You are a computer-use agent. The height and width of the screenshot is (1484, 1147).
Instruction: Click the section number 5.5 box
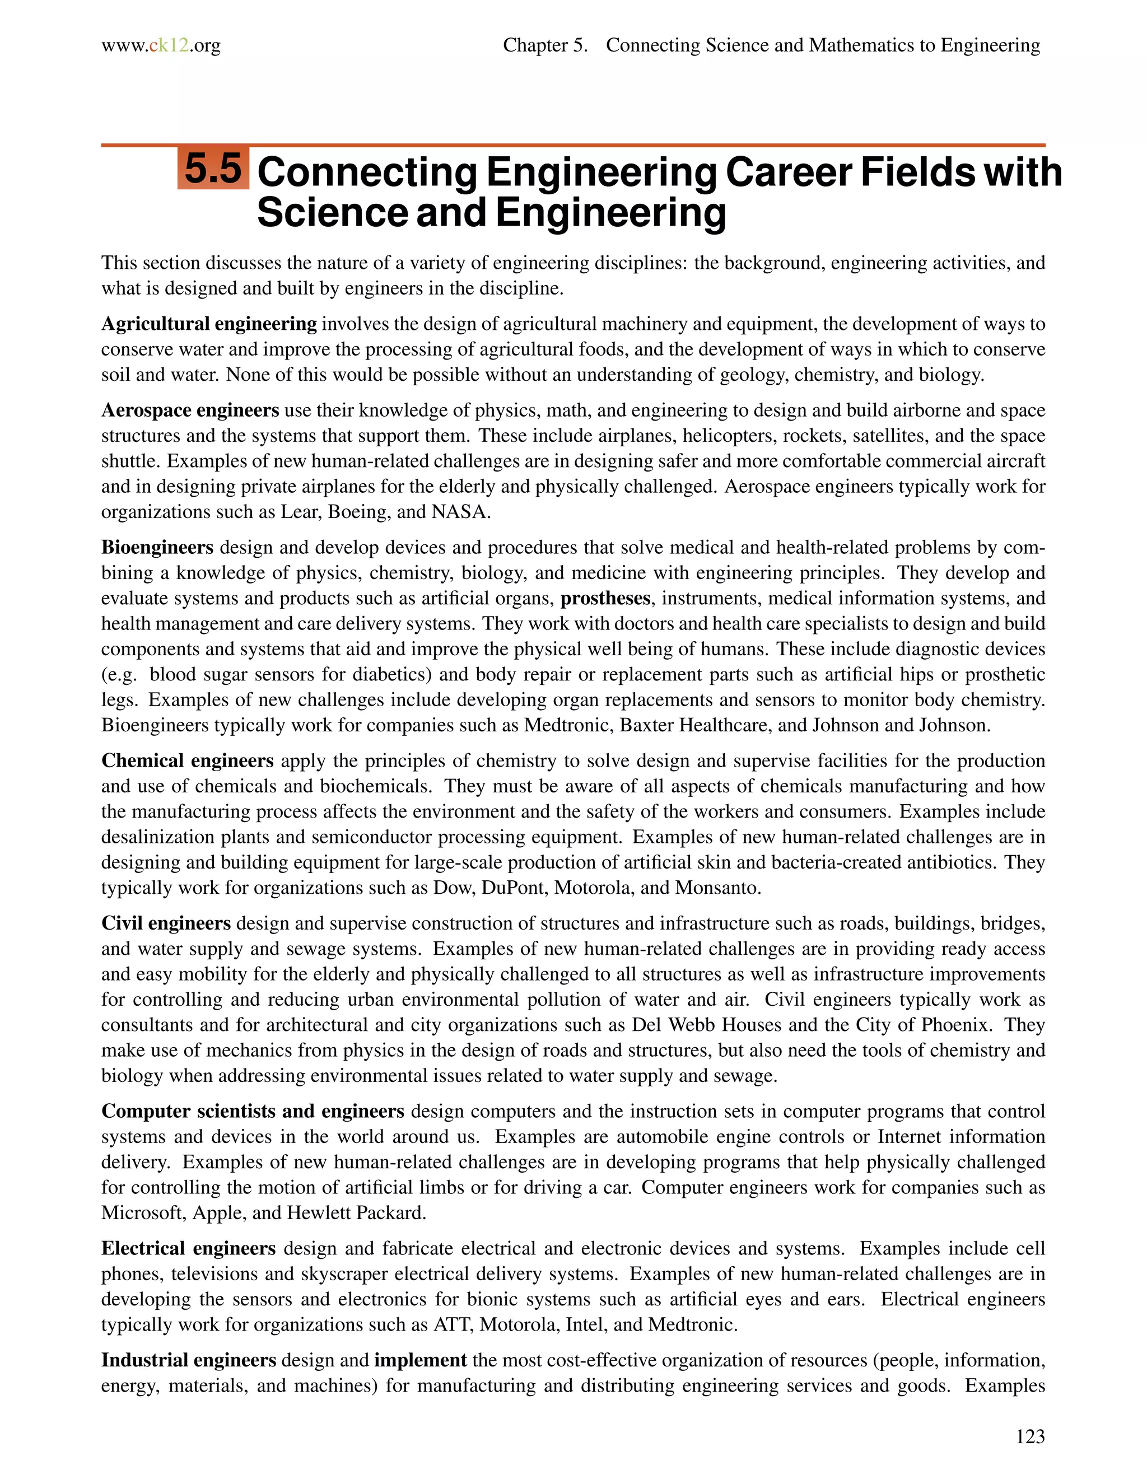213,169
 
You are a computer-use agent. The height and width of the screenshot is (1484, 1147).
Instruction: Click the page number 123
1029,1436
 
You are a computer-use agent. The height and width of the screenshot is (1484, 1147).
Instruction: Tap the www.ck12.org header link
161,45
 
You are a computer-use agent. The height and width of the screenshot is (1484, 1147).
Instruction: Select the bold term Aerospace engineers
190,410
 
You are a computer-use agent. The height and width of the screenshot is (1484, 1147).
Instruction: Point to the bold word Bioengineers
157,548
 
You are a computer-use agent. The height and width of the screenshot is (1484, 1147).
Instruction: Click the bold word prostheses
605,599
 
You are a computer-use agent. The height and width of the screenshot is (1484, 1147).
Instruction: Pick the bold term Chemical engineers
187,761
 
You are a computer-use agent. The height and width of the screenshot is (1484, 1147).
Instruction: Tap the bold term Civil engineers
166,923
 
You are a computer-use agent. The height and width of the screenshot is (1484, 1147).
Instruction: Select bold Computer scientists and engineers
253,1112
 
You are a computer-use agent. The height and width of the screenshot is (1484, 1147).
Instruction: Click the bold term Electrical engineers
188,1249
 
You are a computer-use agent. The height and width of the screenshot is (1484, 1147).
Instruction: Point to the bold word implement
420,1360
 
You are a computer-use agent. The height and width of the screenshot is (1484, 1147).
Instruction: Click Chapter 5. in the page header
545,45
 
